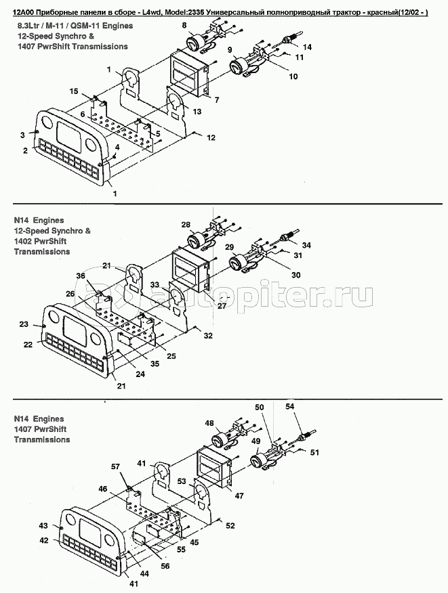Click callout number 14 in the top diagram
(307, 47)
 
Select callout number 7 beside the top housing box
(217, 100)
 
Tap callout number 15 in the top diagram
(73, 91)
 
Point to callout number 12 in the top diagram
(211, 137)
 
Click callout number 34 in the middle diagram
(306, 245)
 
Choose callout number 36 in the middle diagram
(81, 276)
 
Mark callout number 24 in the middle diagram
(140, 374)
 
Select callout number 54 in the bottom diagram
(289, 406)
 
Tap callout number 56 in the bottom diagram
(165, 566)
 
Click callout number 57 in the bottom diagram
(115, 466)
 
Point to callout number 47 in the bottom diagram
(239, 496)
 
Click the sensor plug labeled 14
(291, 39)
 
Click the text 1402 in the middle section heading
(23, 241)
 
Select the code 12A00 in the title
(23, 12)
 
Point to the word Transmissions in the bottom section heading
(42, 439)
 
